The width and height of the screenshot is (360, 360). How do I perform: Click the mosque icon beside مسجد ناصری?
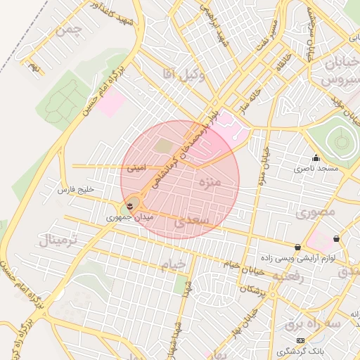(316, 157)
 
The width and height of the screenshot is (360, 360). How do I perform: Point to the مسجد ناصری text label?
(316, 169)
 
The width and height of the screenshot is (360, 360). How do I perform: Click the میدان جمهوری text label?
(129, 217)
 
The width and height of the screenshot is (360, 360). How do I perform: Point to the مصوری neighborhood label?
(316, 211)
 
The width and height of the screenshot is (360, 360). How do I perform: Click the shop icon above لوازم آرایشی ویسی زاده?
(299, 247)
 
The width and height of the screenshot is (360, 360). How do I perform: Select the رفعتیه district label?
(288, 276)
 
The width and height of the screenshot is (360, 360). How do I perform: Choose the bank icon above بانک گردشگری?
(301, 340)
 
